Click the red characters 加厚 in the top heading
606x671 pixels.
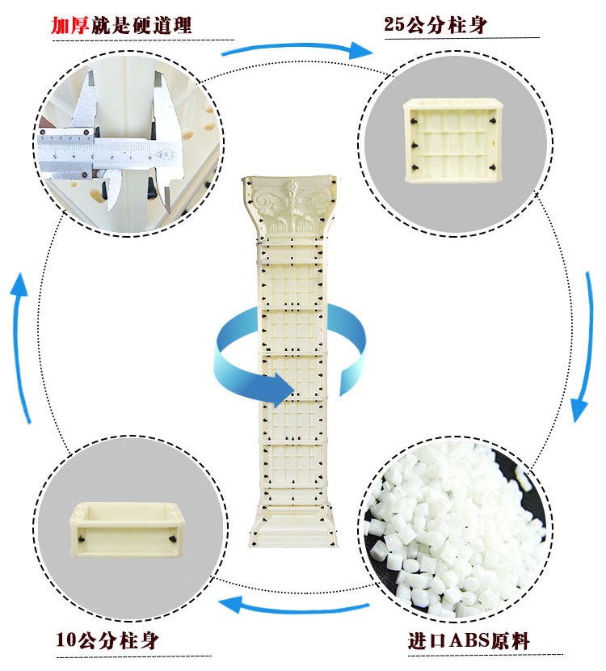pos(69,25)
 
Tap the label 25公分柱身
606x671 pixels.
pos(436,25)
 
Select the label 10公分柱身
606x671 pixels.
pos(107,641)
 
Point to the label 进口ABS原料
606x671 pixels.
pos(469,642)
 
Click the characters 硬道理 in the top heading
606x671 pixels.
pos(166,25)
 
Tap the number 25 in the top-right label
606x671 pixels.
pos(394,25)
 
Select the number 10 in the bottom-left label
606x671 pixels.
pos(65,641)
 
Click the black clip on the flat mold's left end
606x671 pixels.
pos(81,536)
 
